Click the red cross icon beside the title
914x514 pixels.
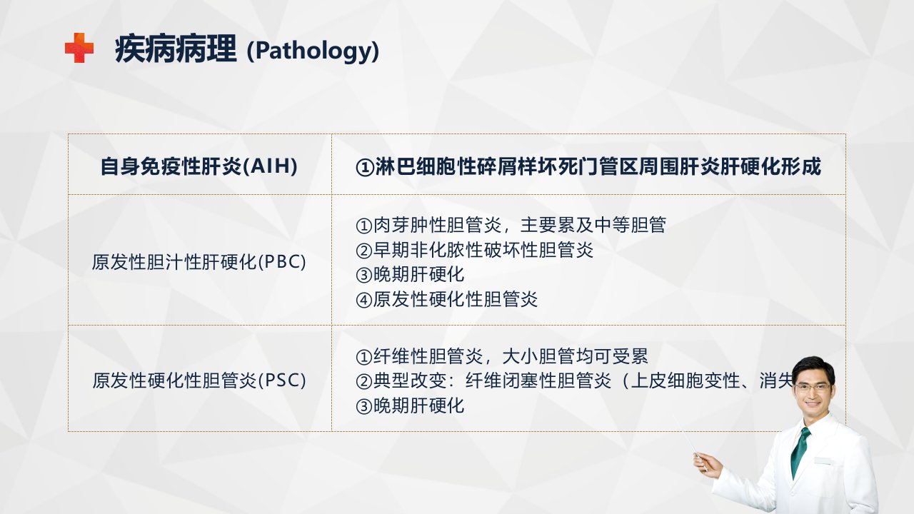(x=79, y=48)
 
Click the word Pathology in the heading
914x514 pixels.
(x=313, y=51)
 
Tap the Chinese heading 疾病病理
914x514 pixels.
(x=176, y=49)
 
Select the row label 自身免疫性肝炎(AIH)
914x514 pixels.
(x=199, y=166)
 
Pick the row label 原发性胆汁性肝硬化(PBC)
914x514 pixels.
(x=199, y=262)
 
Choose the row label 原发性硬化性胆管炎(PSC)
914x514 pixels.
(x=199, y=381)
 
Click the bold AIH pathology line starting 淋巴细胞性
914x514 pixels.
(x=588, y=166)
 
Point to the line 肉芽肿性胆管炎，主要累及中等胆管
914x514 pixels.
(x=511, y=225)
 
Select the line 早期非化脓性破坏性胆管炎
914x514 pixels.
(x=475, y=250)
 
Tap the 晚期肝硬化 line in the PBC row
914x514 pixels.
(x=410, y=275)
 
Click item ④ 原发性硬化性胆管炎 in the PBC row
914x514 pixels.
(x=447, y=299)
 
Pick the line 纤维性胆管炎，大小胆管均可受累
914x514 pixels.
(x=502, y=356)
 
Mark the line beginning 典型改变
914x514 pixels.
(x=574, y=381)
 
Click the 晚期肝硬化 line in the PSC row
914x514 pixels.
(x=410, y=406)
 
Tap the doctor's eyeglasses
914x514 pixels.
(x=813, y=388)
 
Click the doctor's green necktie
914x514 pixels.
(x=800, y=451)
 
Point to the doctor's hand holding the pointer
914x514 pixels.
(x=707, y=465)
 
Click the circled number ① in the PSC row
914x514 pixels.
(x=364, y=357)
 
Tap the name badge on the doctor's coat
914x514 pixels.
(x=823, y=460)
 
